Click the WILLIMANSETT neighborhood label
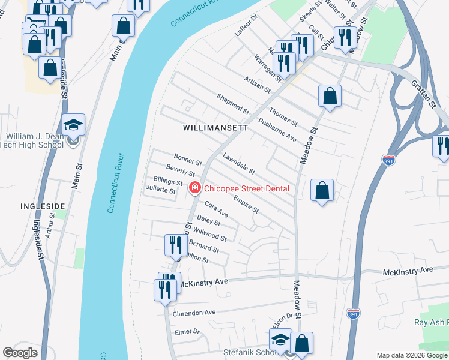(215, 128)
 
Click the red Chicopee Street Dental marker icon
(194, 188)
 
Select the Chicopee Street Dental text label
(247, 188)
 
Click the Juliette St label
(161, 191)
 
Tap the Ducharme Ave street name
(277, 129)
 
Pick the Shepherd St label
(233, 104)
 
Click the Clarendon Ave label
(194, 313)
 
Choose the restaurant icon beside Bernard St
(175, 245)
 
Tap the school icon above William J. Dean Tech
(74, 125)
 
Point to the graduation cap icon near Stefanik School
(280, 340)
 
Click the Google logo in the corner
(20, 352)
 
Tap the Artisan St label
(258, 84)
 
